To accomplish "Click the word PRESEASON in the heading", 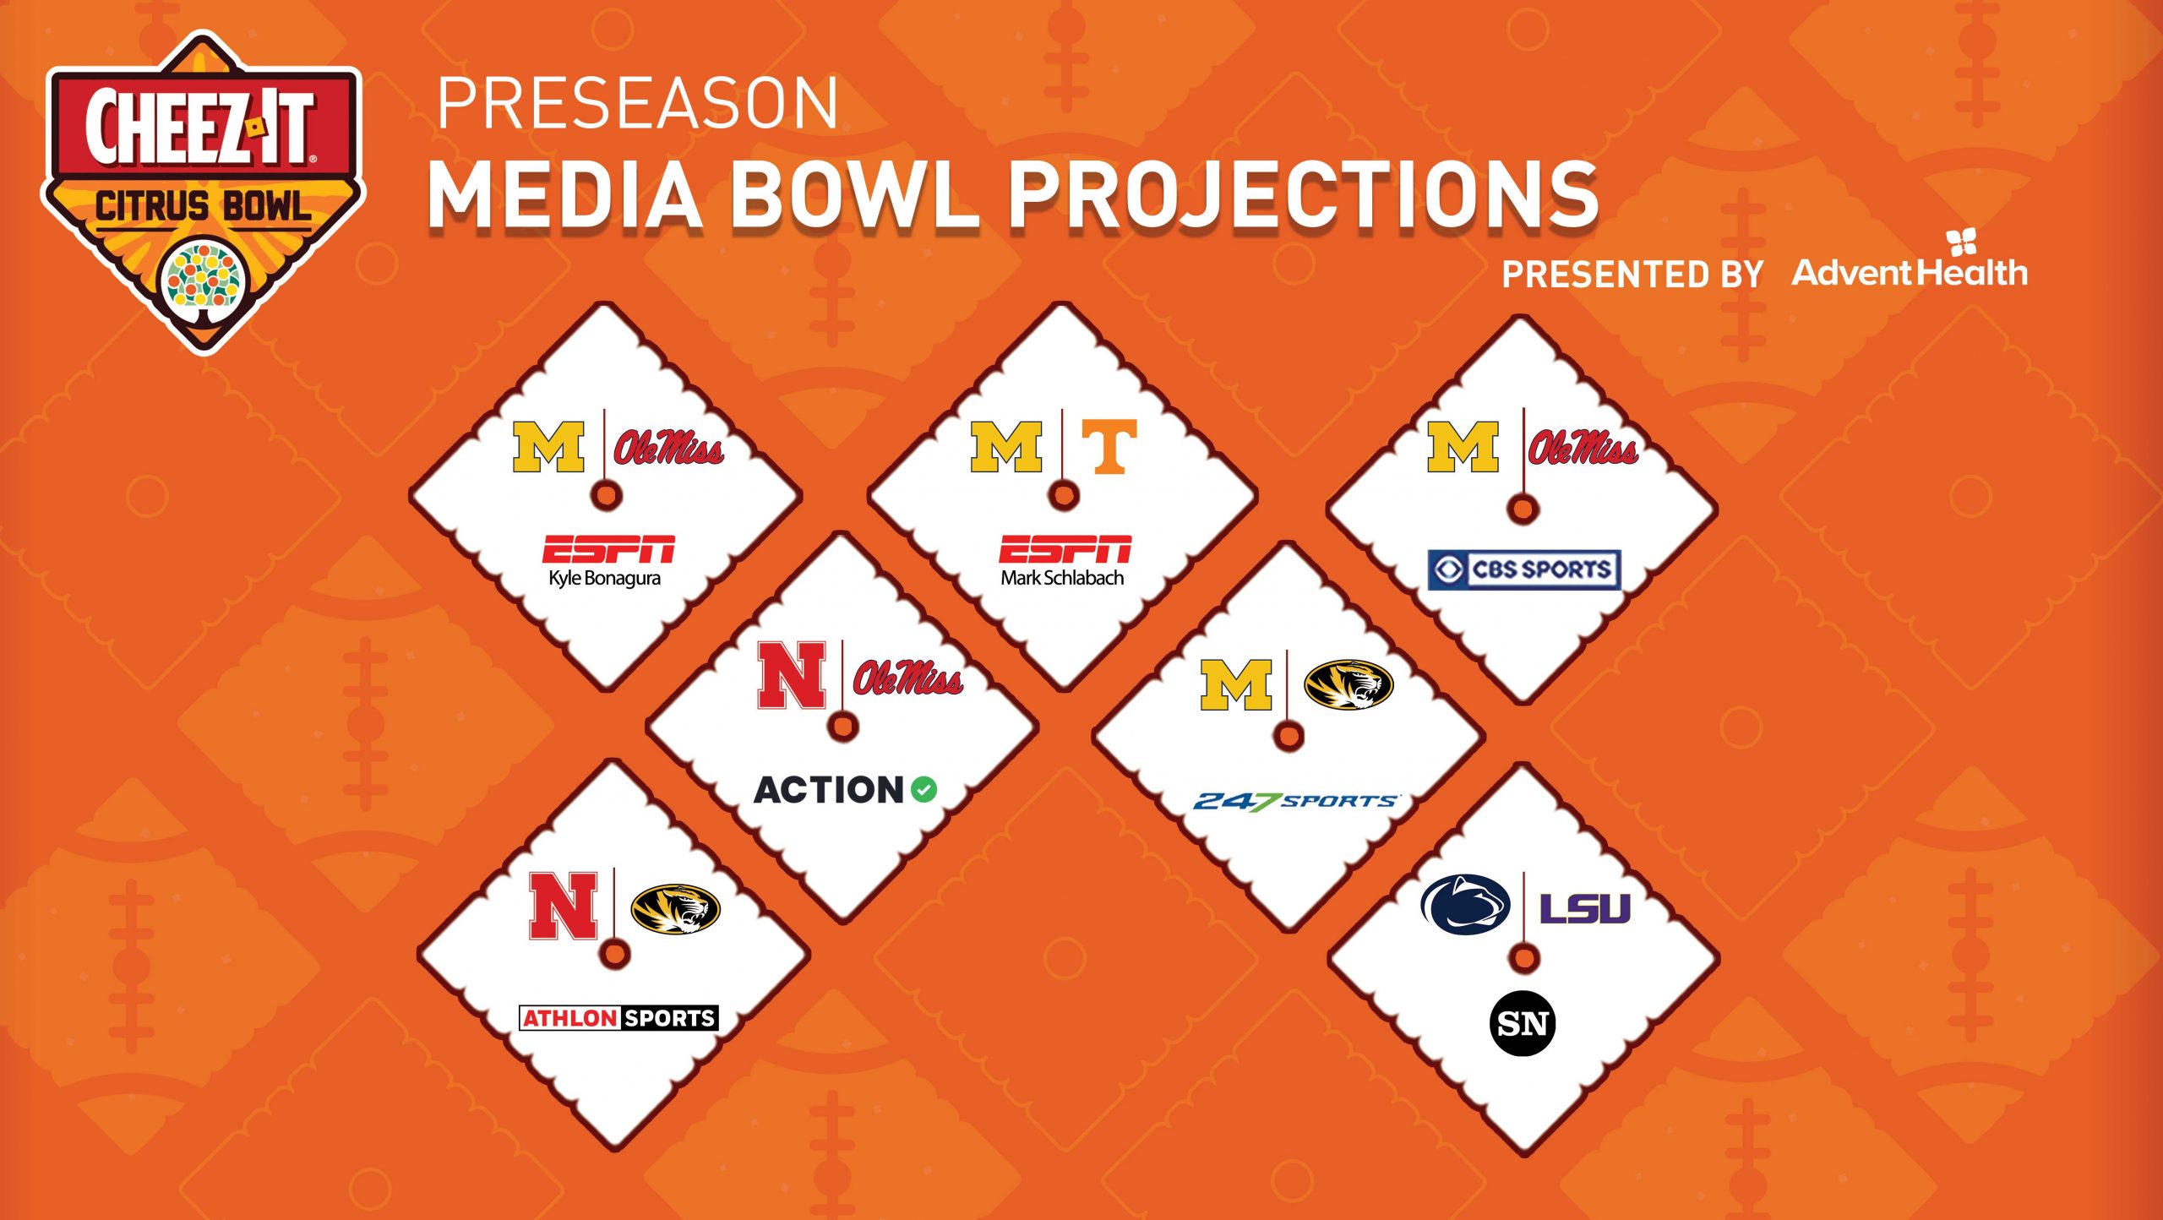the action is point(638,103).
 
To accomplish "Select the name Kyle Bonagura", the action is point(604,579).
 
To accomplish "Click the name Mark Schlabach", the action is point(1062,578).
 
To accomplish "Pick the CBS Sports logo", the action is point(1524,569).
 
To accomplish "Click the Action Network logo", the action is point(845,790).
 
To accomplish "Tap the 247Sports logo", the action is point(1295,801).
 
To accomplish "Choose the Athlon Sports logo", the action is point(618,1018).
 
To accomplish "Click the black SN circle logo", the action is point(1523,1024).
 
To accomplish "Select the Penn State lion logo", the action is point(1465,904).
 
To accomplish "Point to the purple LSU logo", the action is point(1584,908).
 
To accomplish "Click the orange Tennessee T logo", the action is point(1109,446).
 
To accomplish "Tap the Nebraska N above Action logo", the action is point(792,675).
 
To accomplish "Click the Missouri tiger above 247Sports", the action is point(1348,684).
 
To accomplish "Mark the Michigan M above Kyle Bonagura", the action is point(548,447).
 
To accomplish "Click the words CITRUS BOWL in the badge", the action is point(203,207).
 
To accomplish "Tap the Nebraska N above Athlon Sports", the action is point(564,907).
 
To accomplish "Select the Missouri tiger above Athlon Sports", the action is point(675,909).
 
